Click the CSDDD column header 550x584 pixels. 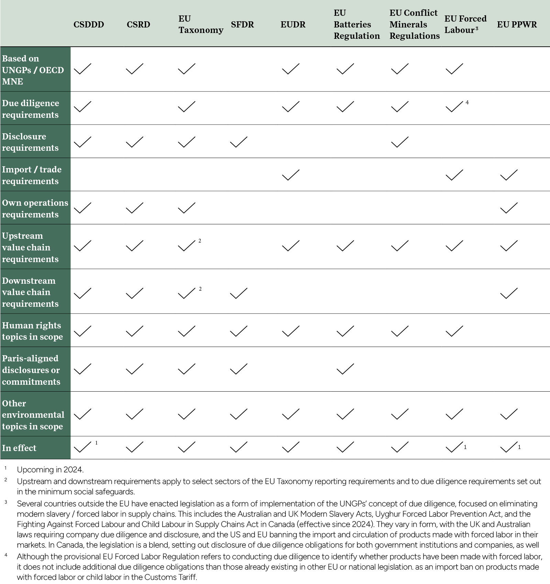(88, 25)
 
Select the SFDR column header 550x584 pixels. (242, 25)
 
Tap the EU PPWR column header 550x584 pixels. (517, 25)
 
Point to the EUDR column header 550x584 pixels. (293, 25)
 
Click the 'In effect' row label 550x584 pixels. (19, 448)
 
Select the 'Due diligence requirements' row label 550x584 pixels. (30, 109)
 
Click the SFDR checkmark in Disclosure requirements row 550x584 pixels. (239, 142)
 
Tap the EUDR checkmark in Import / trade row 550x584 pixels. (290, 175)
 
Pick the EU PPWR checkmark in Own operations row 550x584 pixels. (509, 208)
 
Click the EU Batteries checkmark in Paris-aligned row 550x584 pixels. (345, 369)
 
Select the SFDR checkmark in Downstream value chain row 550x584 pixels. (239, 293)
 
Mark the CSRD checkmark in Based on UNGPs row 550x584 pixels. (135, 69)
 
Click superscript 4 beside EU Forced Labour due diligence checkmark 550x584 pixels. (467, 102)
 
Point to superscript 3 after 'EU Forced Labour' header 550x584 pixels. (477, 29)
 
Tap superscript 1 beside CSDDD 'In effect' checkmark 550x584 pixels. (97, 443)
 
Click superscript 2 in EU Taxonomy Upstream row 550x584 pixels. (200, 241)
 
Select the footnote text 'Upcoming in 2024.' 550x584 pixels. (50, 470)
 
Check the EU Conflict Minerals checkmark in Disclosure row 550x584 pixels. (400, 142)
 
